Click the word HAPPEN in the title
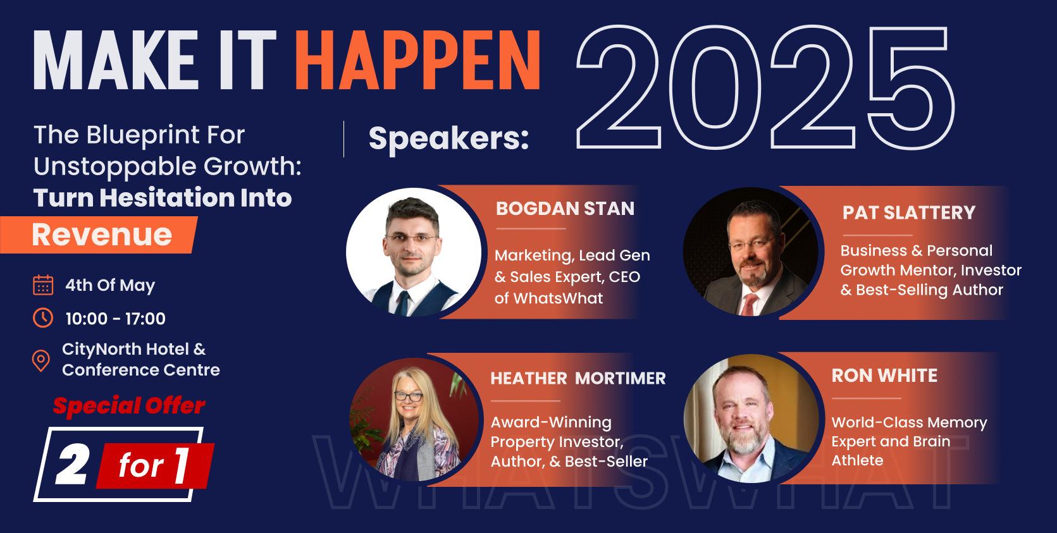pyautogui.click(x=418, y=59)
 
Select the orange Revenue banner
pyautogui.click(x=99, y=235)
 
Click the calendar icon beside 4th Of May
pyautogui.click(x=43, y=285)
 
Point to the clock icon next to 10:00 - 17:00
pyautogui.click(x=43, y=317)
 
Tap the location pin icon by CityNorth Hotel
pyautogui.click(x=41, y=361)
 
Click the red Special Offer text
pyautogui.click(x=129, y=406)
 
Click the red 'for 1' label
pyautogui.click(x=154, y=466)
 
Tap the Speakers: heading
pyautogui.click(x=448, y=138)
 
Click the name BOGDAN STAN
pyautogui.click(x=565, y=209)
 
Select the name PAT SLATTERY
pyautogui.click(x=909, y=212)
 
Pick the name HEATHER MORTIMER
pyautogui.click(x=578, y=378)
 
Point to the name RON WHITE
pyautogui.click(x=884, y=376)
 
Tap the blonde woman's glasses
pyautogui.click(x=409, y=396)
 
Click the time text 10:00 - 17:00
pyautogui.click(x=116, y=319)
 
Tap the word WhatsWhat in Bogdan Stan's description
pyautogui.click(x=558, y=298)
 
